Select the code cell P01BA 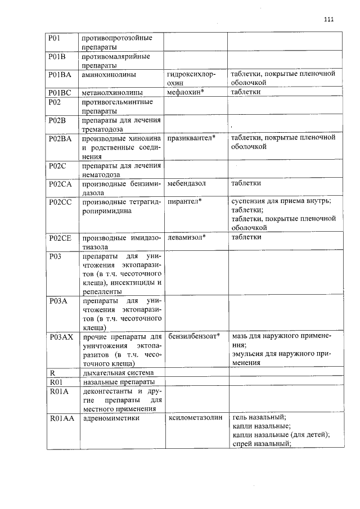click(59, 74)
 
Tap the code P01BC click(59, 92)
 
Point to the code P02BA click(60, 138)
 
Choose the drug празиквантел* click(192, 138)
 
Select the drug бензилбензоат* click(193, 336)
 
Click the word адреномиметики click(111, 418)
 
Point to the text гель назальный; click(259, 417)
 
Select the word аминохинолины click(109, 74)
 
